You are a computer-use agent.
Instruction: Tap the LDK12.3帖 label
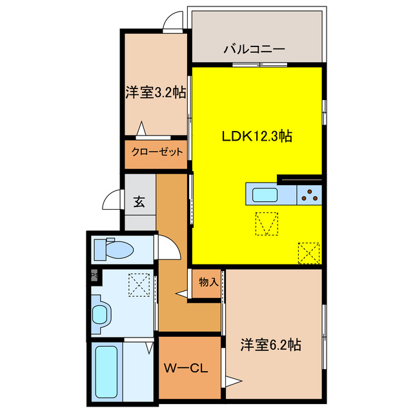coord(257,137)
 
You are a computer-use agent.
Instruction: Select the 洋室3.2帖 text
coord(156,93)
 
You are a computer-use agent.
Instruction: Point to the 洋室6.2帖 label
coord(271,345)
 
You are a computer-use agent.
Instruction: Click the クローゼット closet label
coord(157,153)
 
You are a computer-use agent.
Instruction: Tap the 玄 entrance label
coord(139,201)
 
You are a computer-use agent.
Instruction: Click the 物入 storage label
coord(208,282)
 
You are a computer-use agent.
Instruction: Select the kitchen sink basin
coord(264,194)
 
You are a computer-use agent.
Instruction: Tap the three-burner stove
coord(310,194)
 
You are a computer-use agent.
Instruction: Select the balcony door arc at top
coord(173,23)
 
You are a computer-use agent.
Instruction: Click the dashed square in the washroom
coord(139,285)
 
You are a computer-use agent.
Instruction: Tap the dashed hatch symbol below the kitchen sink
coord(267,224)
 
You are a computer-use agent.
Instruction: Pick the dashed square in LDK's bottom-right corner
coord(308,252)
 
